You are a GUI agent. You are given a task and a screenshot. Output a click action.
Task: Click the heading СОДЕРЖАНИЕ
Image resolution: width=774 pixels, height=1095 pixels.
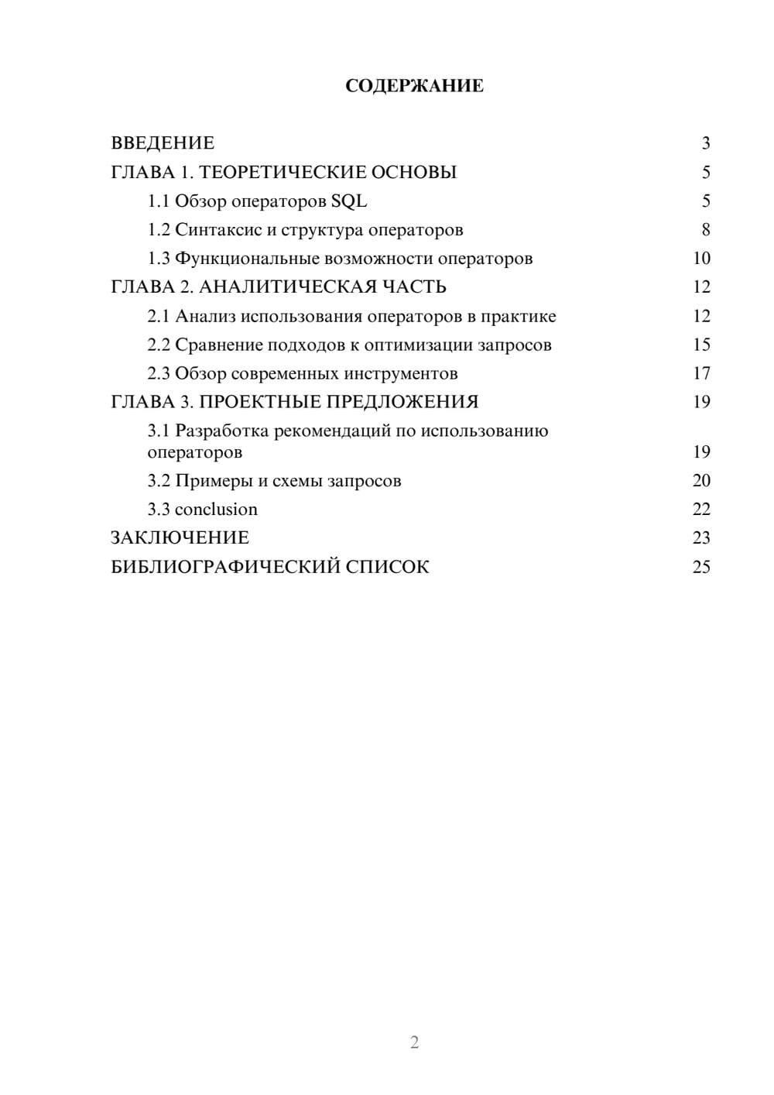[x=414, y=86]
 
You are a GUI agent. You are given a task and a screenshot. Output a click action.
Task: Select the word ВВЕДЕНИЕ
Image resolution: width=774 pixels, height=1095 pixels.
[x=163, y=143]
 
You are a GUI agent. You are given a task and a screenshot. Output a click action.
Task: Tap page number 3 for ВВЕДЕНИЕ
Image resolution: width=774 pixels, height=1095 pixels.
[x=705, y=143]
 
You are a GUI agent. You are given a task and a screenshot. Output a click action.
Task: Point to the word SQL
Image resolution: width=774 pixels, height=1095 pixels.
[x=349, y=201]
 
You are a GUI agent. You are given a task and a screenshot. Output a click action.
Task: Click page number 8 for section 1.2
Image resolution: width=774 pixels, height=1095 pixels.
[x=705, y=230]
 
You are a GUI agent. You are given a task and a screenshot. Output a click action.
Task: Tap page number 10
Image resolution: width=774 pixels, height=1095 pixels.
[x=701, y=259]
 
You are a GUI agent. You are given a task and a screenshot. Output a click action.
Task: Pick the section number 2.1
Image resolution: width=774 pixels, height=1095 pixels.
[x=159, y=316]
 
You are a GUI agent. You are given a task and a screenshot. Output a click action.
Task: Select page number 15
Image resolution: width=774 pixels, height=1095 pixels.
[x=701, y=345]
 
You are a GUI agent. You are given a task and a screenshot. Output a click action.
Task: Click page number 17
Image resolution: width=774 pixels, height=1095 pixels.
[x=701, y=373]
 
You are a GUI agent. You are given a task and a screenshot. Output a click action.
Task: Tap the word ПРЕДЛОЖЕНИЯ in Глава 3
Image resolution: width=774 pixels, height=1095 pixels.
[x=402, y=402]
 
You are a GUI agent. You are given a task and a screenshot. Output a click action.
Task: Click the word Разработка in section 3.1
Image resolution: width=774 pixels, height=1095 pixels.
[x=221, y=431]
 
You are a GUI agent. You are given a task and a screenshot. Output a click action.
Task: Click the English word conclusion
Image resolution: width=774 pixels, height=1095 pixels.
[x=216, y=510]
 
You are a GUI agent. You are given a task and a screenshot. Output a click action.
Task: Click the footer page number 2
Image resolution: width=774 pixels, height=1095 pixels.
[x=414, y=1042]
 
